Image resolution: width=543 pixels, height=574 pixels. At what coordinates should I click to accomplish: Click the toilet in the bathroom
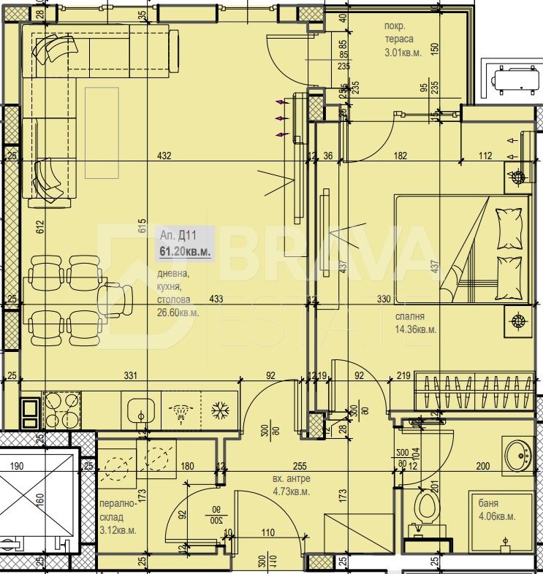(425, 508)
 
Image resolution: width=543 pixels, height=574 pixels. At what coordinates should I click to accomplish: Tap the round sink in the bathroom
(520, 456)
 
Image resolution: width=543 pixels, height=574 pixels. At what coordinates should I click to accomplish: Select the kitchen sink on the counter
(140, 410)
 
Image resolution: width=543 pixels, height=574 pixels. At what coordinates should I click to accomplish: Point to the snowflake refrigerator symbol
(219, 410)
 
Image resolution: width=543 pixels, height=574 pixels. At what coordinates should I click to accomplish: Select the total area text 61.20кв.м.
(186, 251)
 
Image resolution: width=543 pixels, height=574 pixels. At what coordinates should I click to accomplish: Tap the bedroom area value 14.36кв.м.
(415, 329)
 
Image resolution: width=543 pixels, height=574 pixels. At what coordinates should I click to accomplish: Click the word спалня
(409, 317)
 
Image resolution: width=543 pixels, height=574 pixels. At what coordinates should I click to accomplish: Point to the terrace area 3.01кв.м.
(406, 52)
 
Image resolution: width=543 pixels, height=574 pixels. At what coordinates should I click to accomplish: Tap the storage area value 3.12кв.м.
(116, 530)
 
